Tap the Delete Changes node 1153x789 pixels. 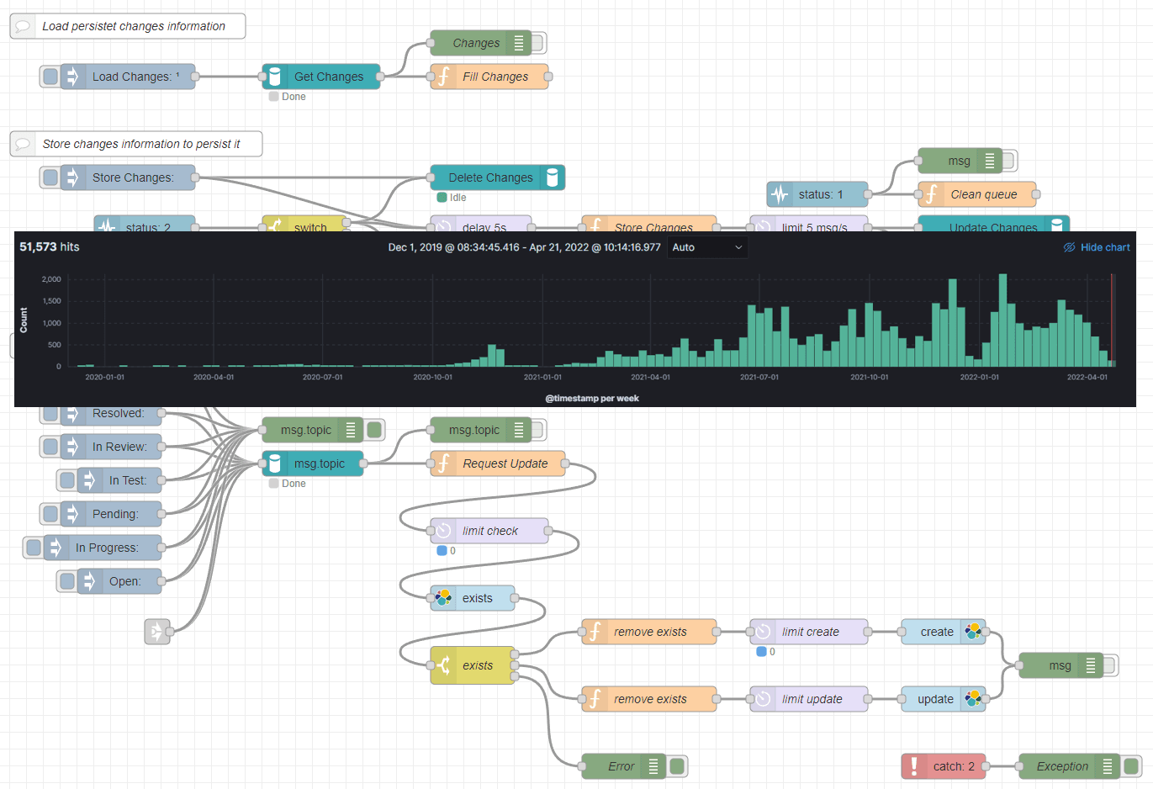pyautogui.click(x=497, y=177)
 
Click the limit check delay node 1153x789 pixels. pyautogui.click(x=489, y=531)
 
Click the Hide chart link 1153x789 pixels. pyautogui.click(x=1104, y=247)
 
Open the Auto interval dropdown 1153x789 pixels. pyautogui.click(x=707, y=247)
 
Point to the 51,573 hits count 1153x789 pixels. pyautogui.click(x=50, y=246)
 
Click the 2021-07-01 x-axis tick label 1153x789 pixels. pyautogui.click(x=759, y=377)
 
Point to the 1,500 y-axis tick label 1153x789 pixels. pyautogui.click(x=51, y=301)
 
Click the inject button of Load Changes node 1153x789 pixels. pyautogui.click(x=50, y=77)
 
